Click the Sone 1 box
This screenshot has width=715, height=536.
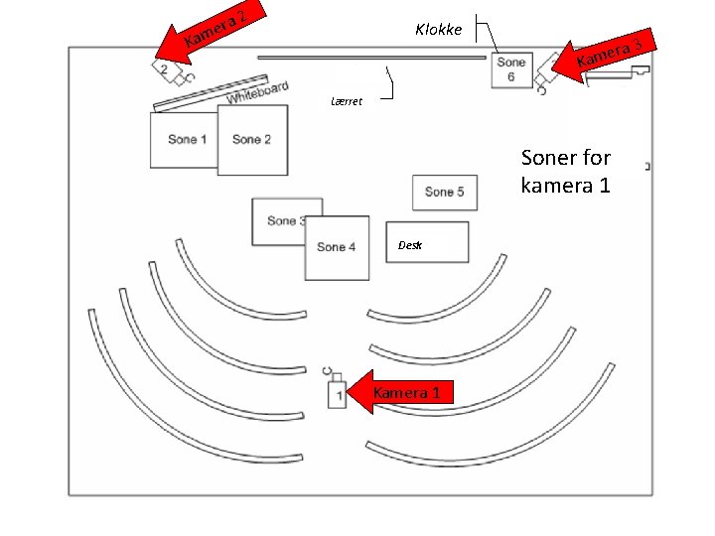click(x=183, y=140)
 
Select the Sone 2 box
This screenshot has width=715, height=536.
click(x=252, y=140)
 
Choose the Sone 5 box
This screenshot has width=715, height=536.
click(x=444, y=192)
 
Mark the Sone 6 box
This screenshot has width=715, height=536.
click(x=510, y=69)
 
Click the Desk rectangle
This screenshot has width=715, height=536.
click(x=427, y=243)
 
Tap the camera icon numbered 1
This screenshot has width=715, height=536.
click(x=337, y=393)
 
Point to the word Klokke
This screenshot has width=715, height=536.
click(x=438, y=30)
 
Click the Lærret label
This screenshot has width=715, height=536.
click(x=347, y=101)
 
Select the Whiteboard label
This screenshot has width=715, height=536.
click(x=257, y=93)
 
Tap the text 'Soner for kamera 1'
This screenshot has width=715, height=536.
click(x=565, y=171)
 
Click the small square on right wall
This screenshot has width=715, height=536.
click(x=647, y=166)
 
